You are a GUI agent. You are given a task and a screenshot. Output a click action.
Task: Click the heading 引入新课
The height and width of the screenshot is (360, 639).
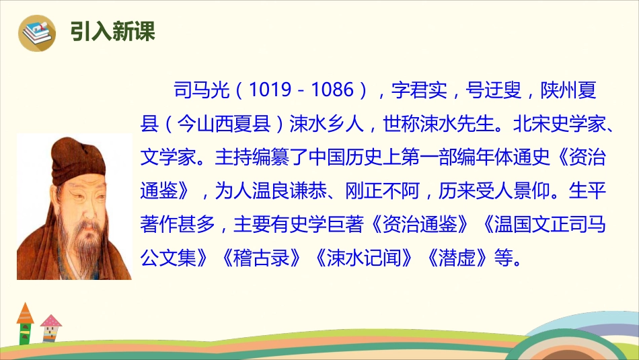coord(112,31)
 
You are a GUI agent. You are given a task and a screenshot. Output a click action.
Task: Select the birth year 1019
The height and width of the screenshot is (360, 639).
coord(272,90)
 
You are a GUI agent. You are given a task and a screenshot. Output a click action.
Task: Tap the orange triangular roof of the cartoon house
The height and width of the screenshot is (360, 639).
coord(25,314)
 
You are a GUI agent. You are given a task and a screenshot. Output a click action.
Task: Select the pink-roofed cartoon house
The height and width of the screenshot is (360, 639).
coord(50,329)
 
